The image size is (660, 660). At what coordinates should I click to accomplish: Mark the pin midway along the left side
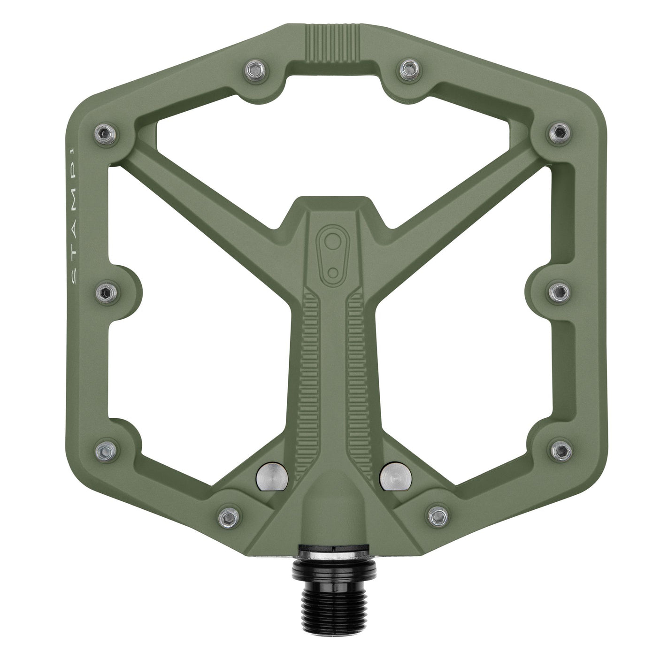coord(103,293)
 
